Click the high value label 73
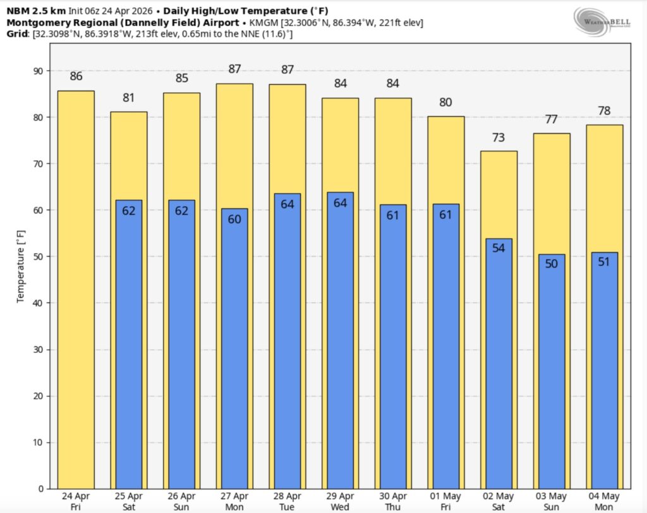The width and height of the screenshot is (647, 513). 499,138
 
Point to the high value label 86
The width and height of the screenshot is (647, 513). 76,77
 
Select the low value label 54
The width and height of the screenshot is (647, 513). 499,248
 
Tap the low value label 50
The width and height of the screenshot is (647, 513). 552,264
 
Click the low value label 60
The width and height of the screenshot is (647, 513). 234,219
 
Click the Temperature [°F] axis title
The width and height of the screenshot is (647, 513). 21,266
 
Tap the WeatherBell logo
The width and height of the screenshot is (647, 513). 600,20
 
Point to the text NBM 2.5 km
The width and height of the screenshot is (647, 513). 31,11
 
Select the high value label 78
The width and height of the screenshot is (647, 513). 604,111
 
